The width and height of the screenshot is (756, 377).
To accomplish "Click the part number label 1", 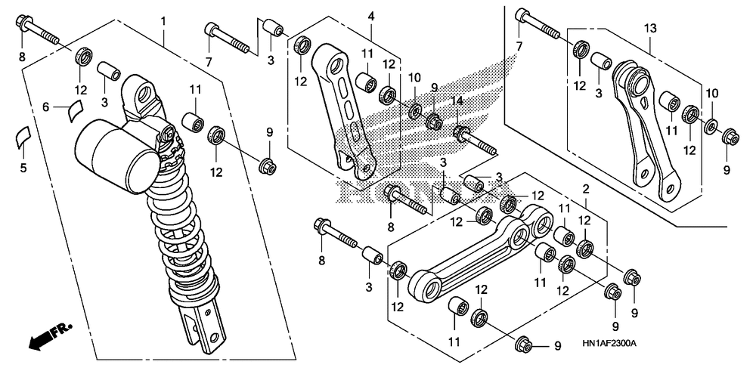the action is pyautogui.click(x=163, y=21).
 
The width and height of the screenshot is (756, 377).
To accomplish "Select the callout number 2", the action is pyautogui.click(x=585, y=190).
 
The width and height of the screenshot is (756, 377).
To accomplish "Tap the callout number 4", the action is pyautogui.click(x=370, y=17).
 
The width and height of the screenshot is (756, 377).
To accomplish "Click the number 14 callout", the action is pyautogui.click(x=457, y=101).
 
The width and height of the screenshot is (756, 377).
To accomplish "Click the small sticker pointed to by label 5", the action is pyautogui.click(x=20, y=137).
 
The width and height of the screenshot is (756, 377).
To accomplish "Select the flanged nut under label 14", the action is pyautogui.click(x=460, y=132).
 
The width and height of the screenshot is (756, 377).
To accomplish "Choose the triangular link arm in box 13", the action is pyautogui.click(x=646, y=130).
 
